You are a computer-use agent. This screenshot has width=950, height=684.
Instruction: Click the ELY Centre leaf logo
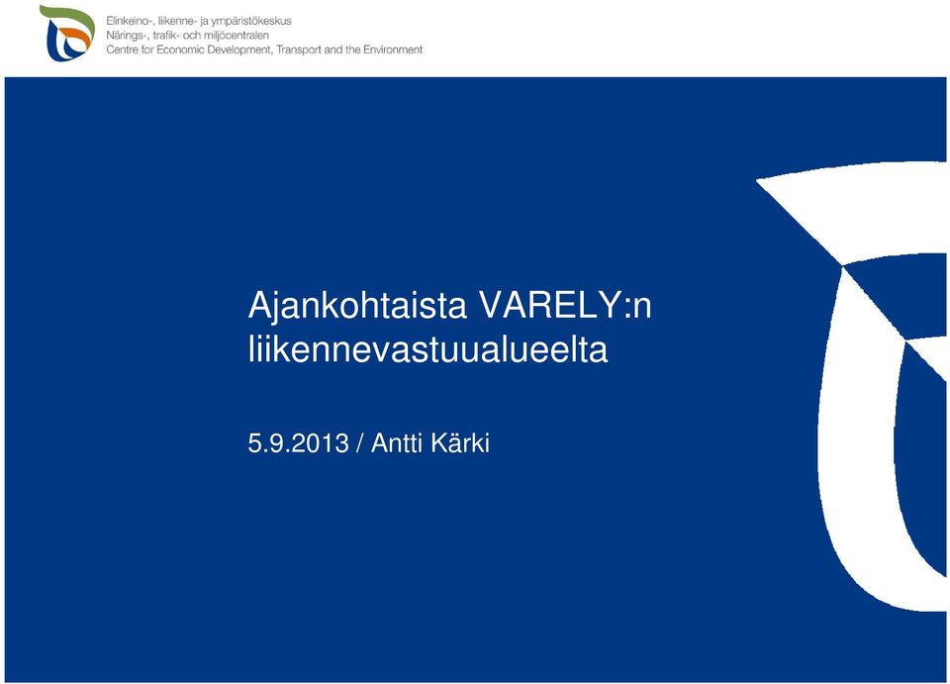pyautogui.click(x=66, y=33)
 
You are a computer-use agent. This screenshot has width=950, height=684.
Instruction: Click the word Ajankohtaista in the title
pyautogui.click(x=357, y=306)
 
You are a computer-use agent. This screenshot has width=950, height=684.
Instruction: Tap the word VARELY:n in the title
pyautogui.click(x=565, y=305)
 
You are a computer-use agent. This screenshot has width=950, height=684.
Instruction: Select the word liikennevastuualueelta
pyautogui.click(x=427, y=349)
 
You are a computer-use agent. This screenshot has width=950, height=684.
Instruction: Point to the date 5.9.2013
pyautogui.click(x=299, y=442)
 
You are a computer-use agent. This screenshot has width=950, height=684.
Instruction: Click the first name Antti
pyautogui.click(x=396, y=442)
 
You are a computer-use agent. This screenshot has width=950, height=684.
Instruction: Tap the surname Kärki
pyautogui.click(x=460, y=441)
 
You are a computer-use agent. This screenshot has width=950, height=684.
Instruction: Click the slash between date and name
pyautogui.click(x=360, y=443)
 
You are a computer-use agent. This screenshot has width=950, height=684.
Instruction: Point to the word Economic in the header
pyautogui.click(x=180, y=49)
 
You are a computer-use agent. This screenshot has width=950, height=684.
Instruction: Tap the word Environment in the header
pyautogui.click(x=393, y=49)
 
